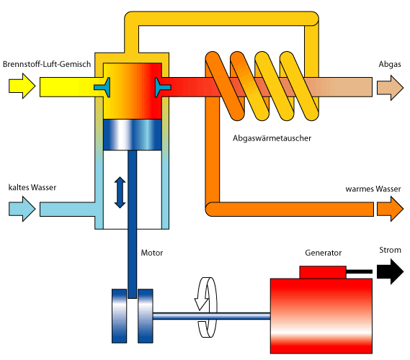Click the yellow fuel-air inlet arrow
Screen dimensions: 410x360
tap(22, 86)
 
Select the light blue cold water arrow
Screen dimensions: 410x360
tap(22, 209)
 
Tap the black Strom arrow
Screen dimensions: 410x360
tap(390, 271)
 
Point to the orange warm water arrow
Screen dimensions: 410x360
tap(390, 209)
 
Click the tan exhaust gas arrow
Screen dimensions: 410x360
tap(390, 88)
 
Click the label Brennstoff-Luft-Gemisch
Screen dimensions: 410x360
tap(47, 64)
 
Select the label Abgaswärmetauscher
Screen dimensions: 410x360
tap(272, 138)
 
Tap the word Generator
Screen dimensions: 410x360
tap(324, 253)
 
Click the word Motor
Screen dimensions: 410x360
tap(152, 253)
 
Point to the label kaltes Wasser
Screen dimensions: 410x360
tap(32, 187)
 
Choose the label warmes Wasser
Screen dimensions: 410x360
tap(373, 189)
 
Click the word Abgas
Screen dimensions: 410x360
tap(390, 64)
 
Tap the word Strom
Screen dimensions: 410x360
tap(390, 250)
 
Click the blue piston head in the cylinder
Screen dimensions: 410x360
tap(133, 135)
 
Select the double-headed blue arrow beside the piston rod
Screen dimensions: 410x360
tap(120, 192)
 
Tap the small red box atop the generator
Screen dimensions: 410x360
tap(323, 272)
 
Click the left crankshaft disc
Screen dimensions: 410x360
tap(119, 316)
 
